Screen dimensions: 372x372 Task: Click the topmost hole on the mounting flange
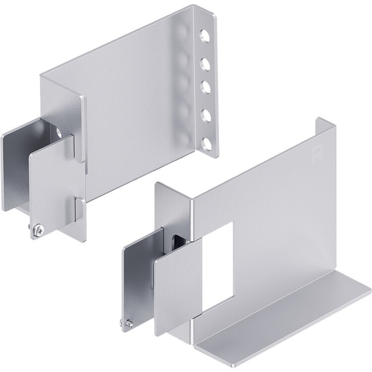(x=204, y=36)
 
